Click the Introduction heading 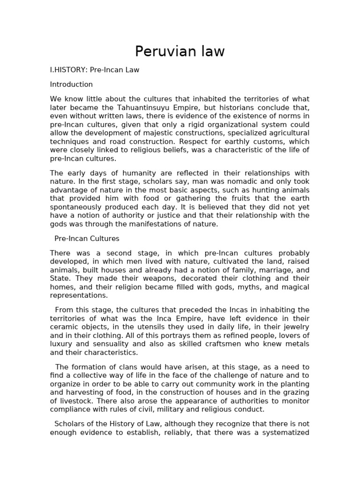(71, 85)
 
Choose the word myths (225, 287)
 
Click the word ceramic (63, 327)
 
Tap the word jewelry (294, 327)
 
